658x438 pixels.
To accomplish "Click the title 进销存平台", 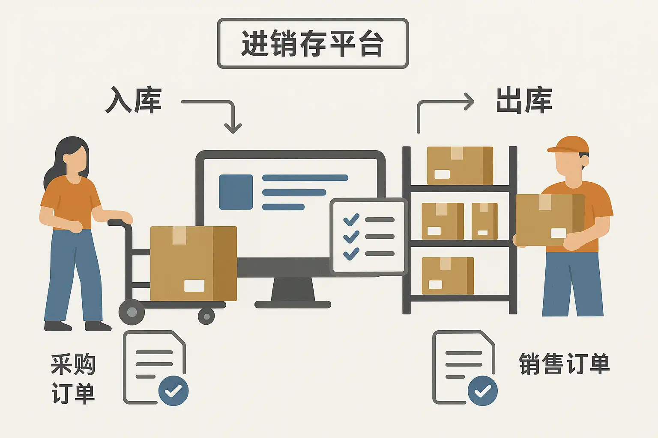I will click(313, 43).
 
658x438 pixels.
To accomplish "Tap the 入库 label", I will click(134, 101).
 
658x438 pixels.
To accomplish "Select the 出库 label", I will click(523, 101).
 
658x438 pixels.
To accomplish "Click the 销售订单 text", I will click(564, 364).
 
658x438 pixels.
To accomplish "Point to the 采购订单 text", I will click(73, 379).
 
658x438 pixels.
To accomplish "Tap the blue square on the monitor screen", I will click(236, 192).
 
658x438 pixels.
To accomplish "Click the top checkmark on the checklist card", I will click(351, 220).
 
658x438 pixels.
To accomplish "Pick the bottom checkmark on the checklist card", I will click(351, 254).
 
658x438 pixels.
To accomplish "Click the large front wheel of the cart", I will click(132, 312).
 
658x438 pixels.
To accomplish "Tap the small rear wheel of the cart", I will click(206, 317).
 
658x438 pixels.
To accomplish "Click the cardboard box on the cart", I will click(193, 263).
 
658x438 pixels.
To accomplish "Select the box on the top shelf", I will click(460, 166).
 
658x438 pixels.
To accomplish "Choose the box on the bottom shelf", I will click(448, 275).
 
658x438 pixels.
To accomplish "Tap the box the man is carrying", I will click(549, 220).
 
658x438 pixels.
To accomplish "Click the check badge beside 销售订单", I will click(482, 391).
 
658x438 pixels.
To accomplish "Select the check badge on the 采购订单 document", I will click(173, 391).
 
